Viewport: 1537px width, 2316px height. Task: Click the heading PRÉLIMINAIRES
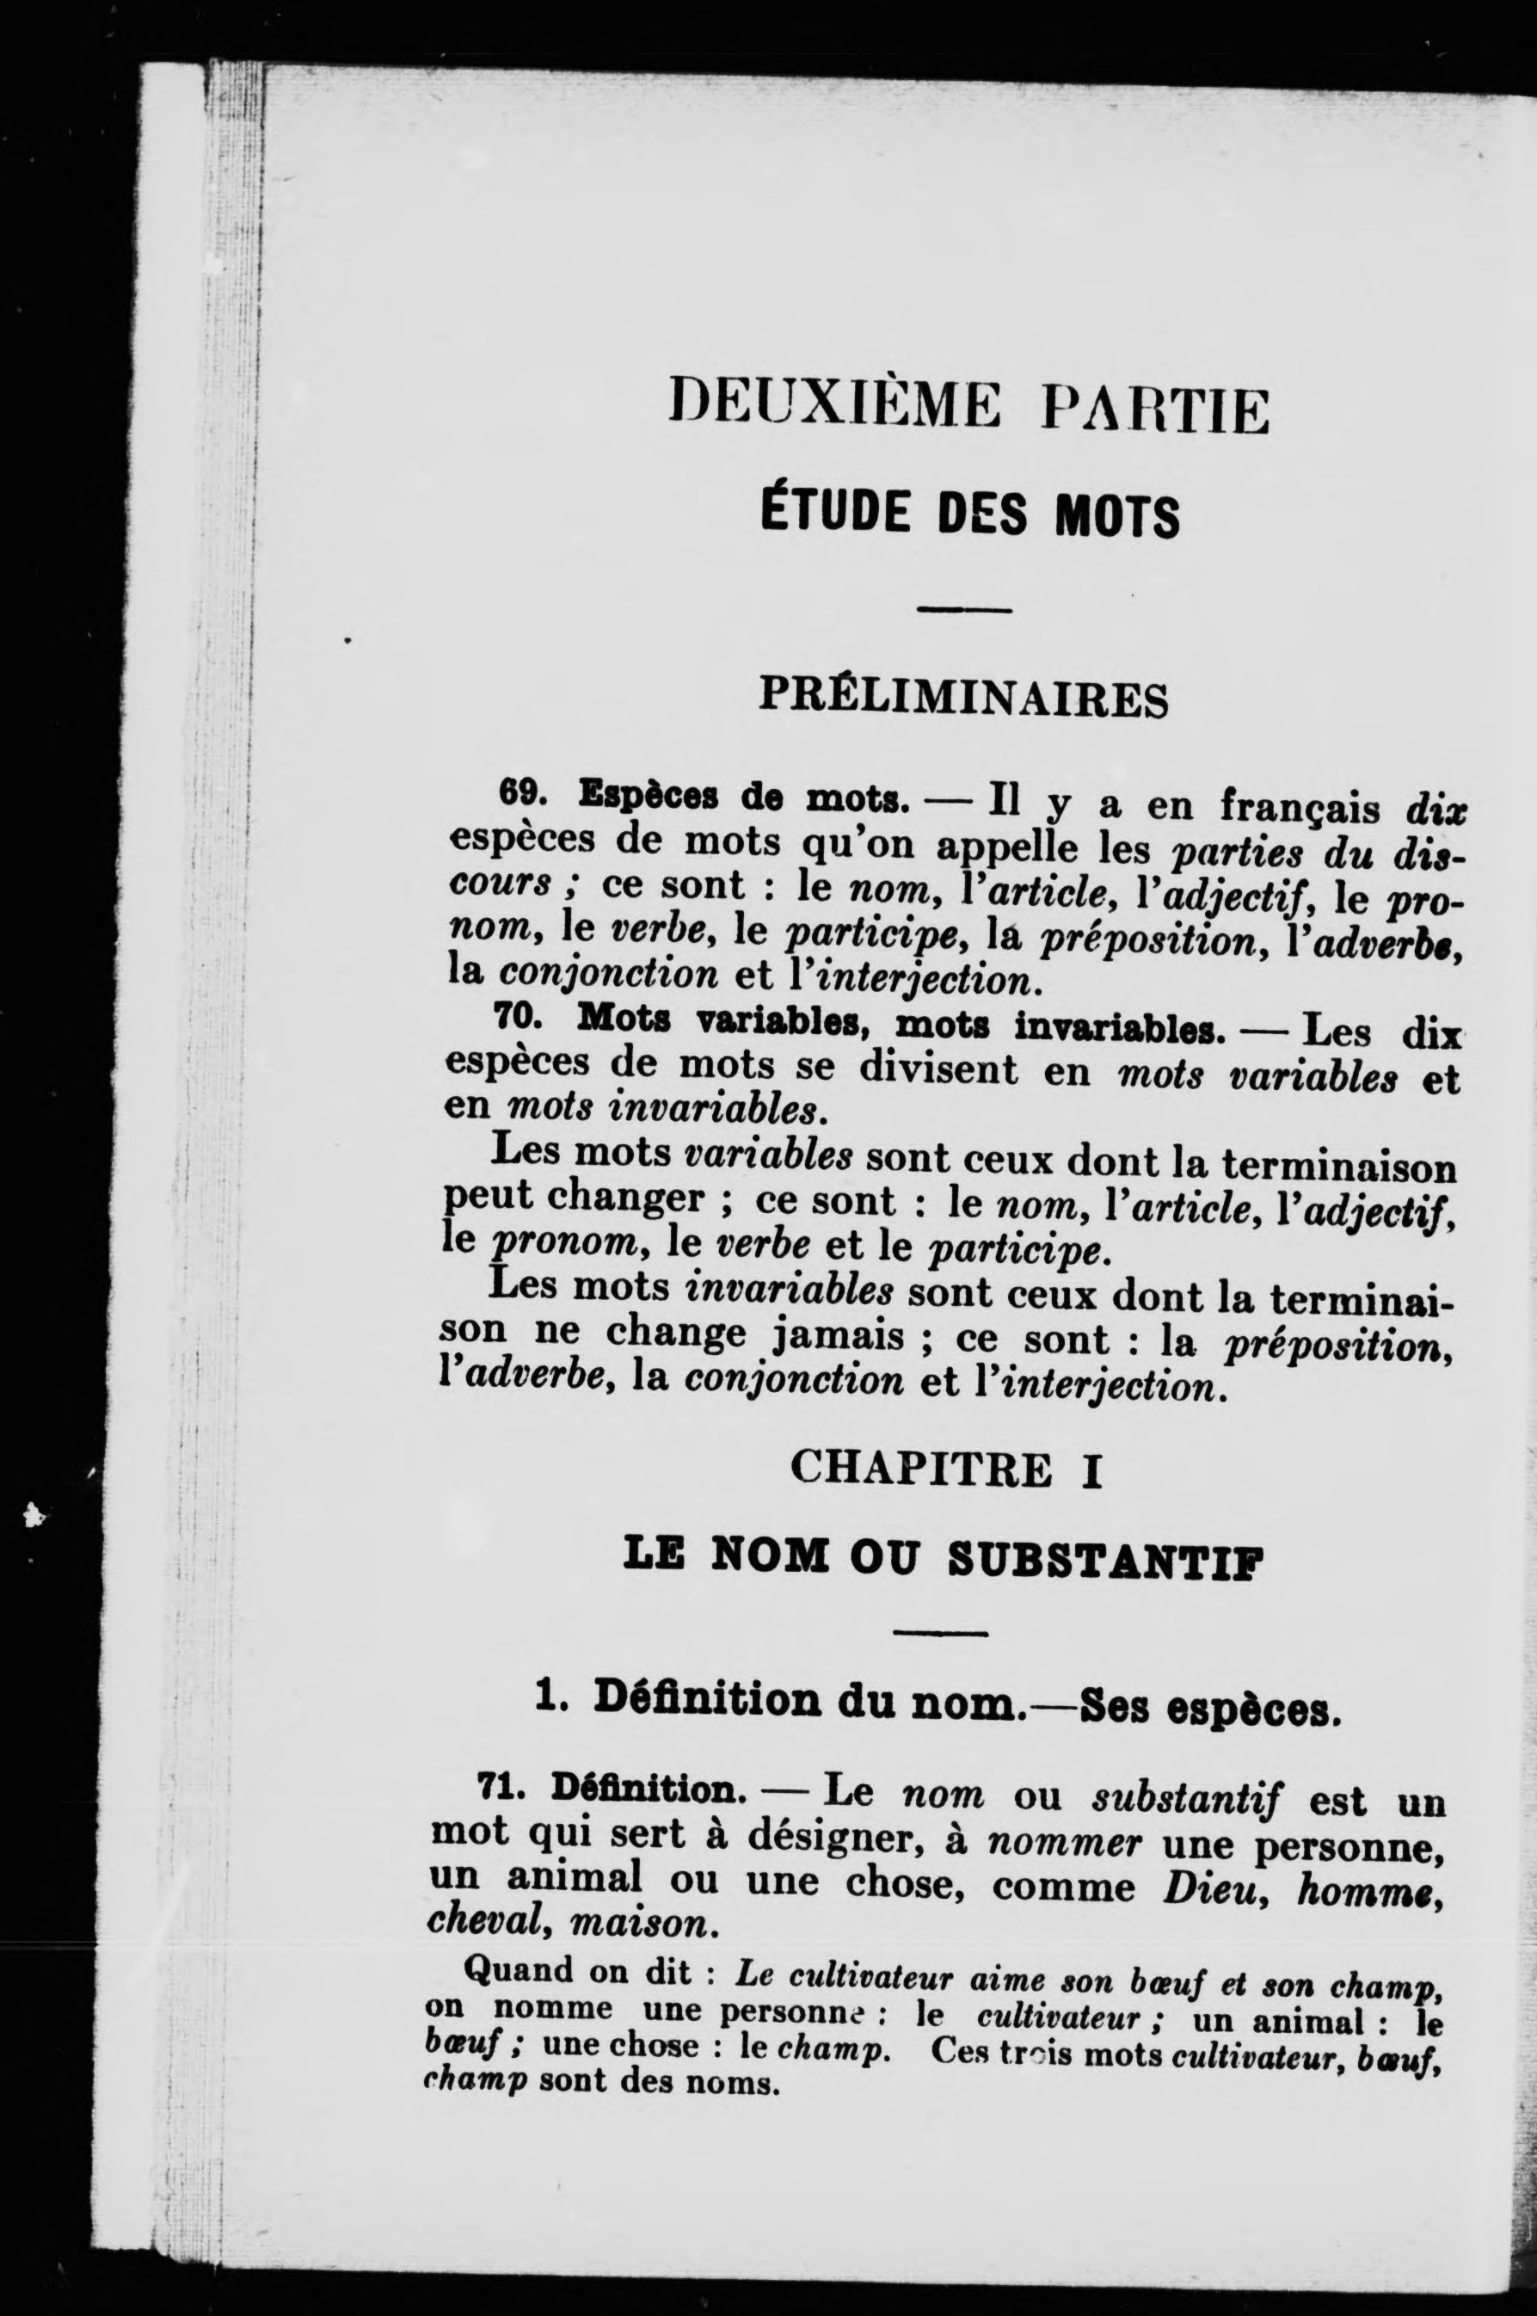pos(963,697)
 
